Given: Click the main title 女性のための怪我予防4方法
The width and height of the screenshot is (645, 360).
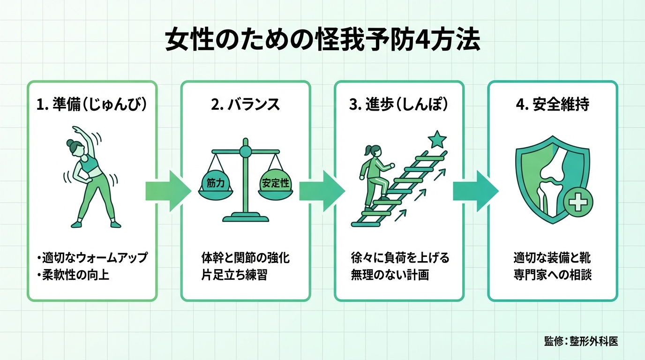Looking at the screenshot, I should coord(322,42).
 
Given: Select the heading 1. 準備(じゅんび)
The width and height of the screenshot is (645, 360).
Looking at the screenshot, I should coord(92,105).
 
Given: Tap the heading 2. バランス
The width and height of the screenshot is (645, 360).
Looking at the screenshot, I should coord(245,105).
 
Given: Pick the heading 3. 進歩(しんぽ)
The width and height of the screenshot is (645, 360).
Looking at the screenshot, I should coord(399,105).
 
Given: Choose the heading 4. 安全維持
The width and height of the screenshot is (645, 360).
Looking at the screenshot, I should coord(552,105).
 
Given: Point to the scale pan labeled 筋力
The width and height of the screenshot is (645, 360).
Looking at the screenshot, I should coord(215,184).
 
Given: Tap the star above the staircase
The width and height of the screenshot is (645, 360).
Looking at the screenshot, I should coord(438,139).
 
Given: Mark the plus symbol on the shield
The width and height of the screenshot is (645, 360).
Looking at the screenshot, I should coord(578,202).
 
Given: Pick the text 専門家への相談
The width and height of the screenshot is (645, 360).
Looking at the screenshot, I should coord(552,275).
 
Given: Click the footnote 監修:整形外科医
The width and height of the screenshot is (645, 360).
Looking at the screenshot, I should coord(581,341).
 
